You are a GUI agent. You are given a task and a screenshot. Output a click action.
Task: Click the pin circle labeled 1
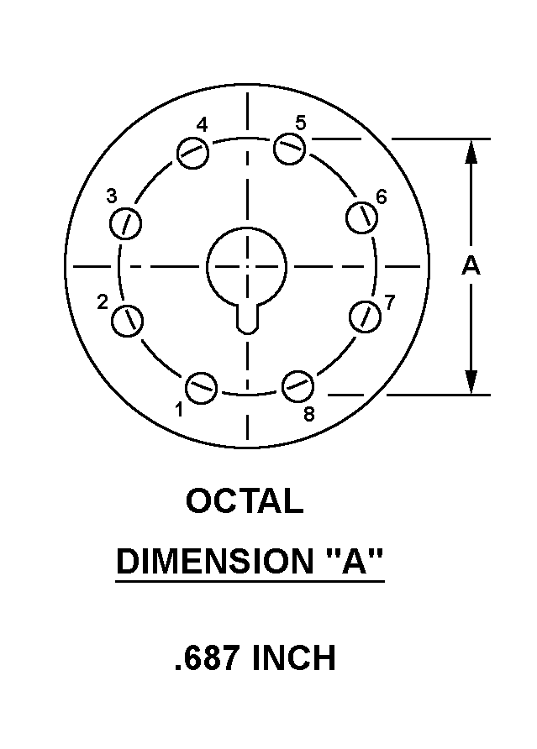click(x=201, y=387)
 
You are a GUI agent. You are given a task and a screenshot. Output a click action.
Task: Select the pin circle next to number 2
click(x=127, y=321)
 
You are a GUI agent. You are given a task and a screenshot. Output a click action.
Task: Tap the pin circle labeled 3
click(x=126, y=223)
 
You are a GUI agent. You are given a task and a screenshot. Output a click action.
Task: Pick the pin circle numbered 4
click(x=192, y=152)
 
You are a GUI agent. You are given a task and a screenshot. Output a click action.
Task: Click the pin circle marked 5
click(x=290, y=149)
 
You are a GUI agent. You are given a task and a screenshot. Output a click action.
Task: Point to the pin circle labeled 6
click(x=361, y=217)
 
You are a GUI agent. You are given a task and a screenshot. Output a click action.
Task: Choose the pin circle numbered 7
click(x=366, y=317)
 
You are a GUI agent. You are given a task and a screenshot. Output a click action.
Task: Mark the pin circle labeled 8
click(x=297, y=386)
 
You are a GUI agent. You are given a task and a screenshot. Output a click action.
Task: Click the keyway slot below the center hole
click(x=248, y=318)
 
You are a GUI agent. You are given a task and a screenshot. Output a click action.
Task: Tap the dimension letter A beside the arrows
click(x=471, y=266)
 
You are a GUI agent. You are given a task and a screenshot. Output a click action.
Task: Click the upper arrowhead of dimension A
click(x=471, y=152)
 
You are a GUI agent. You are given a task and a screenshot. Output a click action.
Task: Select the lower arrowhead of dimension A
click(x=471, y=382)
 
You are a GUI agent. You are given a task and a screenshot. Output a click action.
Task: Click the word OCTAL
click(x=245, y=500)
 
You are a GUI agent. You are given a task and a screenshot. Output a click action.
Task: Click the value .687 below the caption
click(x=207, y=657)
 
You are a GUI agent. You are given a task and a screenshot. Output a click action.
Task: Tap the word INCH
click(x=293, y=657)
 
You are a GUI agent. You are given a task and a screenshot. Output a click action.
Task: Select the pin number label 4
click(x=203, y=125)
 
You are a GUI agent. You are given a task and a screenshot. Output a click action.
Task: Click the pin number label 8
click(x=309, y=414)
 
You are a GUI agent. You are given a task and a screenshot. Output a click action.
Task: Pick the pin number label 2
click(x=103, y=302)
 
